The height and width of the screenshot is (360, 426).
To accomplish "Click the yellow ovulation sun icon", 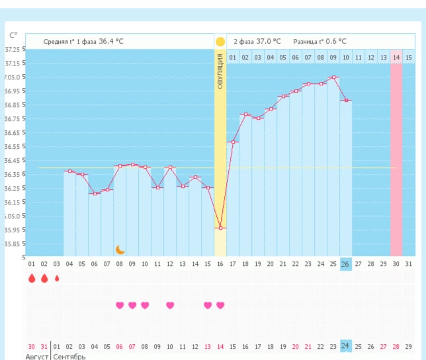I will pyautogui.click(x=220, y=42).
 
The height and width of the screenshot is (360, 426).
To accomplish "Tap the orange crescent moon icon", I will pyautogui.click(x=120, y=249).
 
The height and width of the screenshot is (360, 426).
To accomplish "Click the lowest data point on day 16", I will pyautogui.click(x=220, y=228).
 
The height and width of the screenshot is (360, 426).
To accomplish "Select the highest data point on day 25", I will pyautogui.click(x=334, y=77).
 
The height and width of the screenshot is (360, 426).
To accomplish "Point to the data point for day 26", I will pyautogui.click(x=346, y=101).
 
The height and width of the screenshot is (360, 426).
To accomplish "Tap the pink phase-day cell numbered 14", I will pyautogui.click(x=396, y=58).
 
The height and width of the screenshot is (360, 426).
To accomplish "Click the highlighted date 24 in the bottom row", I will pyautogui.click(x=345, y=345).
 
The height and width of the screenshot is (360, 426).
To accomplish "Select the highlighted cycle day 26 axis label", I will pyautogui.click(x=345, y=264).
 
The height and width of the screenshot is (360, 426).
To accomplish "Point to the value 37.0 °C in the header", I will pyautogui.click(x=269, y=42).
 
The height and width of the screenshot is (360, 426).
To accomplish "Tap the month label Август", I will pyautogui.click(x=37, y=357).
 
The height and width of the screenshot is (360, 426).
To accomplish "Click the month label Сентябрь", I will pyautogui.click(x=69, y=357).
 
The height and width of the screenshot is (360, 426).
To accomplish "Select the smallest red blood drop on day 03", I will pyautogui.click(x=57, y=279).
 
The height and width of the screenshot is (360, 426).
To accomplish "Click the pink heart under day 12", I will pyautogui.click(x=170, y=305).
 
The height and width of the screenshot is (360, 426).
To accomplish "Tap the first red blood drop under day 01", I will pyautogui.click(x=32, y=279).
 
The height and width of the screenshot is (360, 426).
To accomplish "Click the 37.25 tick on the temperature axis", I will pyautogui.click(x=12, y=50).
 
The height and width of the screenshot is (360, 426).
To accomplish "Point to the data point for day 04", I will pyautogui.click(x=69, y=171).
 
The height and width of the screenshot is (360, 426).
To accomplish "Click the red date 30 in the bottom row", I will pyautogui.click(x=32, y=346).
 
